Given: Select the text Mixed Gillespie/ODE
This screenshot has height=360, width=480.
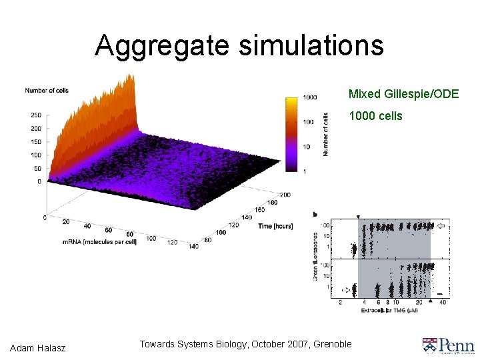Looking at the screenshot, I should [x=403, y=94].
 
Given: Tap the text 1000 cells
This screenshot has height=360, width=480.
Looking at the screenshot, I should [x=376, y=116].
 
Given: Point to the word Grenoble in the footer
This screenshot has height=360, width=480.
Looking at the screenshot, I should [x=331, y=344].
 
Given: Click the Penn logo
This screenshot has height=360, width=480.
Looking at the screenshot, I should [x=448, y=345].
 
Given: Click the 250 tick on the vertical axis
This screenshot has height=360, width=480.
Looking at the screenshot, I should [x=35, y=115].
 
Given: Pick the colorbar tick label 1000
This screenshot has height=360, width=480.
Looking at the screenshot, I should [x=309, y=97].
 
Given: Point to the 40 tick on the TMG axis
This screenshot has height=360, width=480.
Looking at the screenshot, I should [x=443, y=303].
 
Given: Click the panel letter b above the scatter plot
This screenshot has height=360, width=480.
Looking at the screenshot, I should [x=315, y=215].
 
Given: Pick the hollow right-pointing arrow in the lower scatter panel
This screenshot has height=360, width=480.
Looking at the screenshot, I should [x=345, y=290].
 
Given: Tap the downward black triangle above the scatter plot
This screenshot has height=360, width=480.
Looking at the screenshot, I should [x=358, y=217].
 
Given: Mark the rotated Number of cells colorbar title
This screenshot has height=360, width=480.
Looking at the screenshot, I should [x=325, y=133].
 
